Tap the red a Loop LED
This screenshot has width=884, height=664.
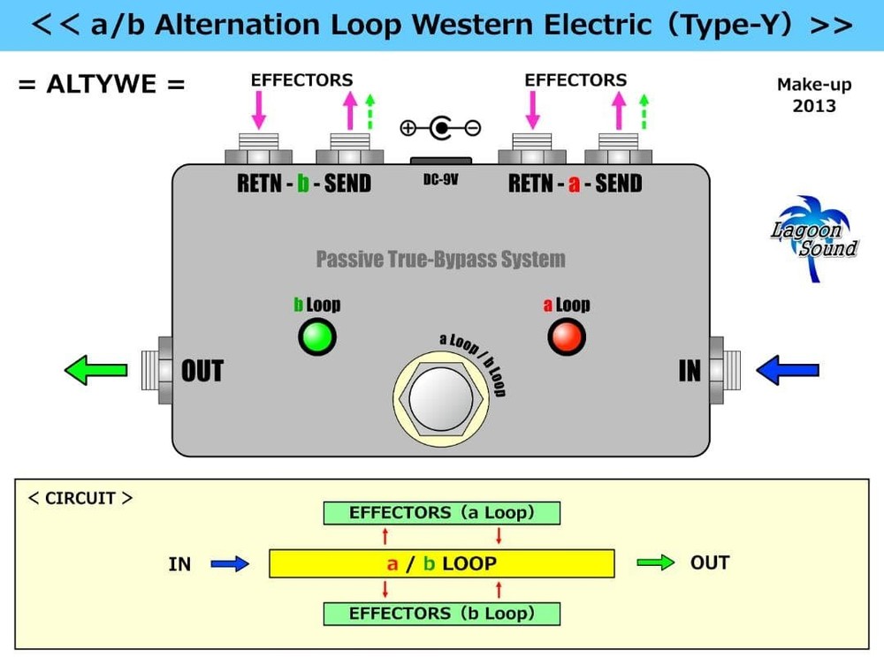coord(567,336)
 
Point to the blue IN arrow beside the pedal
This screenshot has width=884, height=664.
coord(789,370)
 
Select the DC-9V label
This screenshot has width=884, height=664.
coord(440,179)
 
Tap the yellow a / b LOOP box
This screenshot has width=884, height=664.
coord(441,563)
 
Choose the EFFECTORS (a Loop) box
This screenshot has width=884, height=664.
coord(441,513)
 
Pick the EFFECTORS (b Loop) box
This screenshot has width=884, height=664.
coord(441,613)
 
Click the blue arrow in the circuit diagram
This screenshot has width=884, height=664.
coord(231,563)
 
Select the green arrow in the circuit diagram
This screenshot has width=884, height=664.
coord(655,562)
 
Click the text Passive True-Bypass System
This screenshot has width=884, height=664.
coord(440,260)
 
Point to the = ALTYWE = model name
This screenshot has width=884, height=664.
coord(103,86)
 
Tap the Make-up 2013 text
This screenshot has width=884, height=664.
coord(813,95)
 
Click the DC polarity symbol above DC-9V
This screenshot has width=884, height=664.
coord(440,129)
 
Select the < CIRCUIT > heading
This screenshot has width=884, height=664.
coord(80,498)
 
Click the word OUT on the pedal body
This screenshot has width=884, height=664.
coord(202,372)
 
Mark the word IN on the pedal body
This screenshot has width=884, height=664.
coord(690,372)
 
